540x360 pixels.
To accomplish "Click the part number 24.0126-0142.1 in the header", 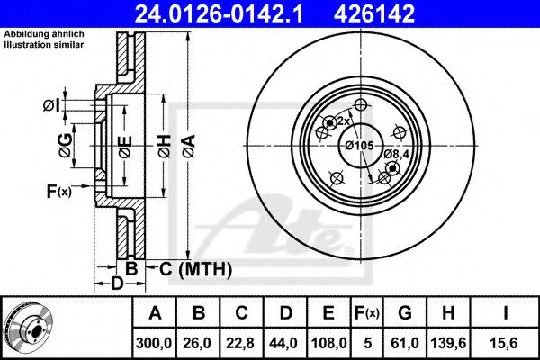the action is (219, 14).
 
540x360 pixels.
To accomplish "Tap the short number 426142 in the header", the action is (374, 14).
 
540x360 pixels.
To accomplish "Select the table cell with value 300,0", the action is (154, 343).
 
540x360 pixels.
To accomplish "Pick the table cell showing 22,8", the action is (240, 343).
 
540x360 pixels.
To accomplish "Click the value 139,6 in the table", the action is (448, 343).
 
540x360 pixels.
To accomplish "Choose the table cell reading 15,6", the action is (505, 343).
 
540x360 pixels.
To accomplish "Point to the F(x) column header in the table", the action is (367, 313).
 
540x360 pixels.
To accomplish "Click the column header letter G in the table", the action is (405, 313).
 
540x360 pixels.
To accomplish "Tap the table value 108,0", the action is (328, 343).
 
